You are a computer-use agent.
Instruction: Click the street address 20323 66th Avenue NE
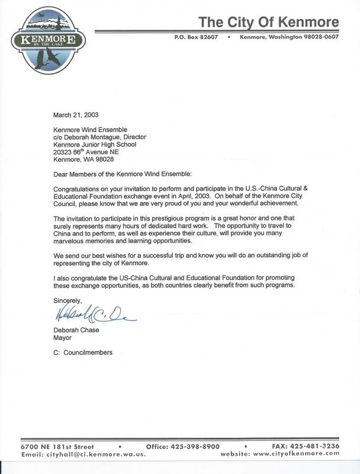pos(92,152)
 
